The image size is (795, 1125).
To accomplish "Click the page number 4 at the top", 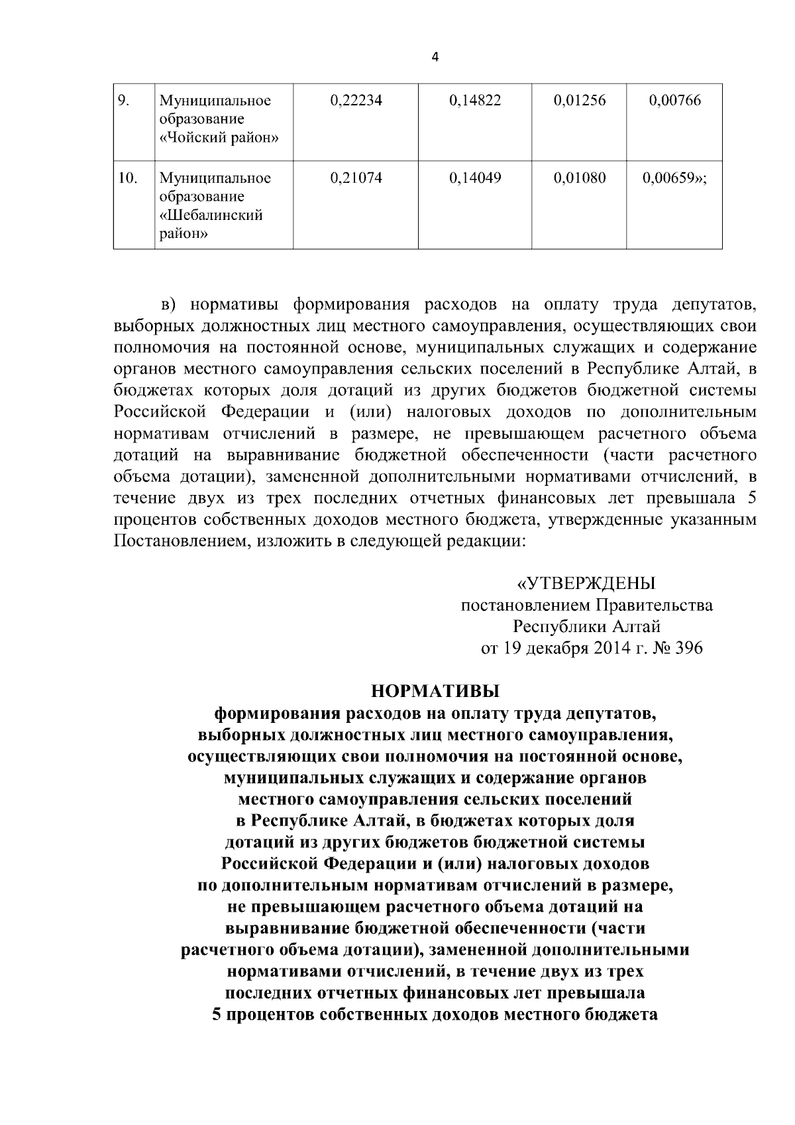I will click(x=435, y=57).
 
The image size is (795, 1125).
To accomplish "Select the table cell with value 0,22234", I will click(x=356, y=101).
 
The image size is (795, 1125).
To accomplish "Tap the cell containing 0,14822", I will click(x=475, y=101).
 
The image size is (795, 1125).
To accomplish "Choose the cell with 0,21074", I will click(x=356, y=178).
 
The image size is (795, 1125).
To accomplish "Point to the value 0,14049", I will click(x=475, y=178).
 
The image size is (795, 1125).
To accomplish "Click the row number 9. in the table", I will click(x=123, y=101).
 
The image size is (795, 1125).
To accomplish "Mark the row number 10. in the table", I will click(x=127, y=178).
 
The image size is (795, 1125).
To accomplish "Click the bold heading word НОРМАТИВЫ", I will click(x=435, y=692).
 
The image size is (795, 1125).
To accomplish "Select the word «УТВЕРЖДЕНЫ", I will click(x=586, y=584).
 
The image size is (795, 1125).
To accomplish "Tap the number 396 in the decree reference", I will click(x=687, y=647).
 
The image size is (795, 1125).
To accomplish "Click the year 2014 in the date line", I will click(x=603, y=647).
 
